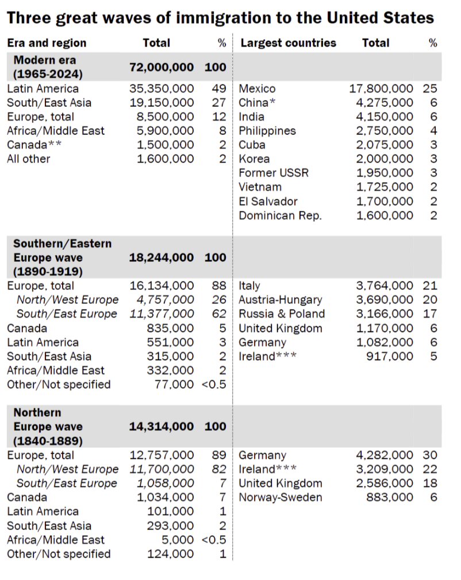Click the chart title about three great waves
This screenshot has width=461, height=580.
(220, 18)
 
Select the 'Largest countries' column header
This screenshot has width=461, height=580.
(288, 42)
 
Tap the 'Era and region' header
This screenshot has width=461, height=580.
(47, 42)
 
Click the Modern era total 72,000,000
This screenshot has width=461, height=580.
(162, 67)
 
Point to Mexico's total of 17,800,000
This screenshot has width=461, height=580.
(381, 88)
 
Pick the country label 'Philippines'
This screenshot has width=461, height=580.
(267, 131)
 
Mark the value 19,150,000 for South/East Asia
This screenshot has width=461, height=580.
(162, 103)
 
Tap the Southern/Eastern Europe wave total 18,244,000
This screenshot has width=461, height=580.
(162, 257)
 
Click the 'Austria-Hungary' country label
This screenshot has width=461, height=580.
(281, 300)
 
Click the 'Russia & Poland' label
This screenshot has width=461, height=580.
(282, 314)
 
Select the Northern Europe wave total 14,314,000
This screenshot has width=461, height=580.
(162, 427)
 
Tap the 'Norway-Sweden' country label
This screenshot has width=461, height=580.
(281, 497)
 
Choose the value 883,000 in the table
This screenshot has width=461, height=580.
(390, 497)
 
